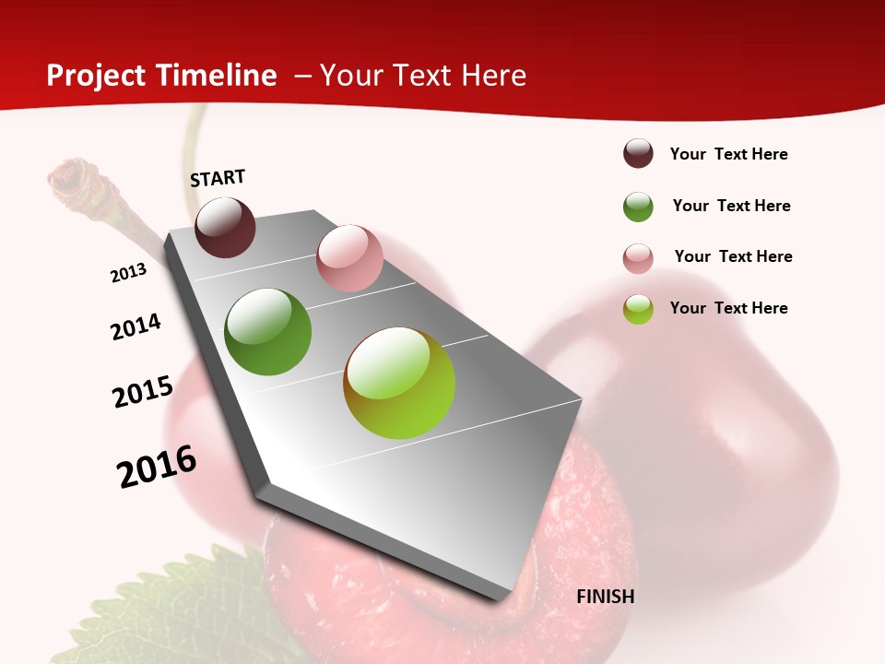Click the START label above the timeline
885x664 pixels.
pos(218,178)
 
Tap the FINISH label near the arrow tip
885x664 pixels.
pos(606,597)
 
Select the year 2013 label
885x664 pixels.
pos(128,273)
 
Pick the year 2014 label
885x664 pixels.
pos(136,326)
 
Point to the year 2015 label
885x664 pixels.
pos(143,391)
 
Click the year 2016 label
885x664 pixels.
pos(157,467)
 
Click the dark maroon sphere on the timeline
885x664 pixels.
pos(225,227)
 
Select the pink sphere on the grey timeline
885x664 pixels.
pos(349,257)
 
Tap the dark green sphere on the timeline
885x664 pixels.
pos(267,331)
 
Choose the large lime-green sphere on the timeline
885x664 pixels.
pos(399,382)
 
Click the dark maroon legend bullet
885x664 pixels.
pos(638,154)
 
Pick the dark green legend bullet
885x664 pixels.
pos(638,207)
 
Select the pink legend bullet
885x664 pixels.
pos(638,258)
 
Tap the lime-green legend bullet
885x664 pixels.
pos(638,309)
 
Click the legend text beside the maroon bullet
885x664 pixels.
pos(728,154)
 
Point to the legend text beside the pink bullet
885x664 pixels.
pos(733,256)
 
